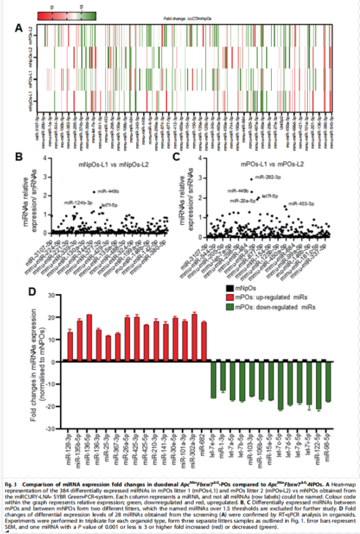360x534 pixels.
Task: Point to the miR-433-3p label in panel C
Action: coord(300,203)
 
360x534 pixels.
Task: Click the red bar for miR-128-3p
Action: coord(70,347)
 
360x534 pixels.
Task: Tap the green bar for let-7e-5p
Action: coord(213,380)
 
